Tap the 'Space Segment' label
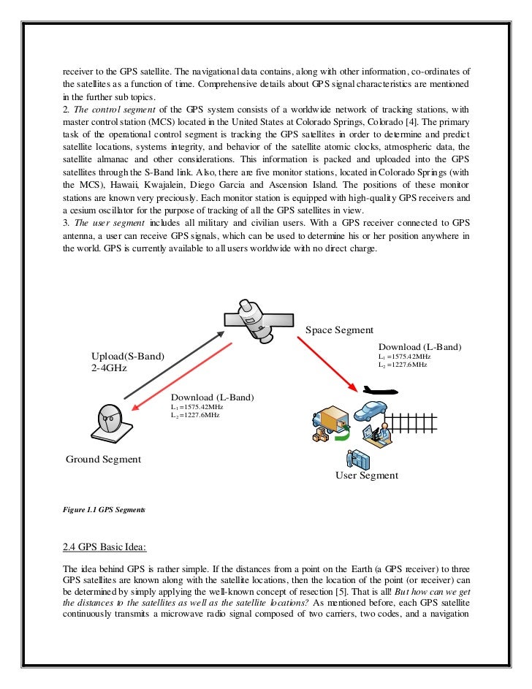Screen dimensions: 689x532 coord(339,330)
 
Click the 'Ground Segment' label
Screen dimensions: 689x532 coord(103,459)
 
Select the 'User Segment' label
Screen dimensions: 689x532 coord(366,475)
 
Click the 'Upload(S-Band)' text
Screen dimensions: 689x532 coord(127,356)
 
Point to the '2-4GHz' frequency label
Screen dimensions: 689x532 coord(109,368)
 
